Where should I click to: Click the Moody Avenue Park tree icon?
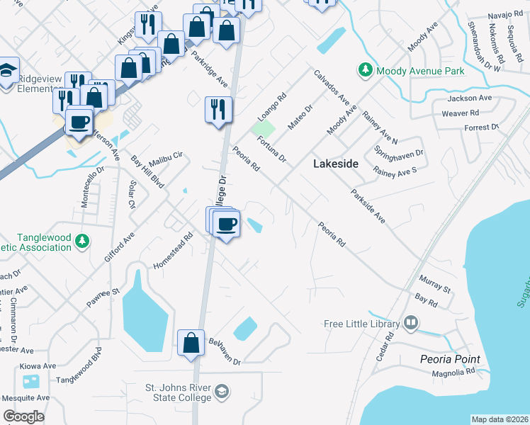[x=366, y=71]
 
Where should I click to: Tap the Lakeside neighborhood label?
[x=336, y=164]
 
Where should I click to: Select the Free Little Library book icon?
[x=411, y=324]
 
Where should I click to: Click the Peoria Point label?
[x=450, y=359]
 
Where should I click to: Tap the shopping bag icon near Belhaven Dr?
[x=191, y=343]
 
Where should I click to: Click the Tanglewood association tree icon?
[x=83, y=242]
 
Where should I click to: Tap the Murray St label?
[x=435, y=285]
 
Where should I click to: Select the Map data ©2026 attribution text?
[x=500, y=419]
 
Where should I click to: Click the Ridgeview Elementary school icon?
[x=8, y=72]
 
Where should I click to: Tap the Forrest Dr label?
[x=481, y=127]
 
